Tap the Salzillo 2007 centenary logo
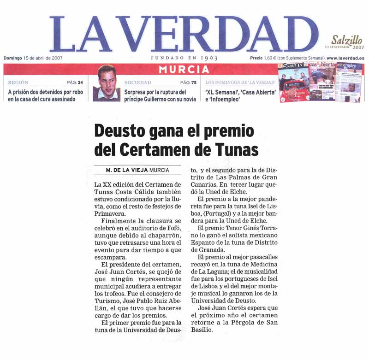(x=346, y=42)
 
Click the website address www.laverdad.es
(x=345, y=58)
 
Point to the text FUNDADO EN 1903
(x=184, y=58)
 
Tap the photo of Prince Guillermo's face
(x=107, y=83)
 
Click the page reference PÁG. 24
(x=75, y=83)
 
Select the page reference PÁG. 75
(x=188, y=83)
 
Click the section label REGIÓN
(x=18, y=83)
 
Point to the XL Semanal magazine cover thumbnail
(x=293, y=83)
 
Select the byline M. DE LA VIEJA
(x=127, y=170)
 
